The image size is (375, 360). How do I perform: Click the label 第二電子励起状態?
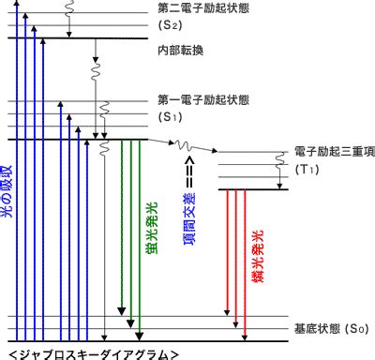point(203,8)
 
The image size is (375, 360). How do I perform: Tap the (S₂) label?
point(170,25)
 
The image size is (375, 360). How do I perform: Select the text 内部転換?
point(181,51)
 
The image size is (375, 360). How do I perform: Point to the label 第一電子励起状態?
point(203,100)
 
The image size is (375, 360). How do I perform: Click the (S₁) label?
point(170,117)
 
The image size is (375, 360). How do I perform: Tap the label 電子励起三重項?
point(335,152)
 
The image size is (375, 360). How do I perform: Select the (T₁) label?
point(307,169)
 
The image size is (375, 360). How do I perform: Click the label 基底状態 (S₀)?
point(332,329)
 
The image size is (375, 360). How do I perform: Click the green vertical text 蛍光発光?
point(152,228)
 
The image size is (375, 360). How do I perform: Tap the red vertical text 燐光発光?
point(258,256)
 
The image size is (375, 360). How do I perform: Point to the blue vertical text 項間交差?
point(189,218)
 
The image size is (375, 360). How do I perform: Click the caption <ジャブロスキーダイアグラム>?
point(94,355)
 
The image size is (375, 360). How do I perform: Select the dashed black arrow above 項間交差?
point(189,172)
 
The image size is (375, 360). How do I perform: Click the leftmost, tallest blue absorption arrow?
point(17,171)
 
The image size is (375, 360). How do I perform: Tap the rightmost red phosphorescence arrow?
point(245,265)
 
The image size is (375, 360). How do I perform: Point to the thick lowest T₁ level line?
point(253,189)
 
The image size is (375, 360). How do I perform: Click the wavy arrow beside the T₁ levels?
point(280,171)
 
